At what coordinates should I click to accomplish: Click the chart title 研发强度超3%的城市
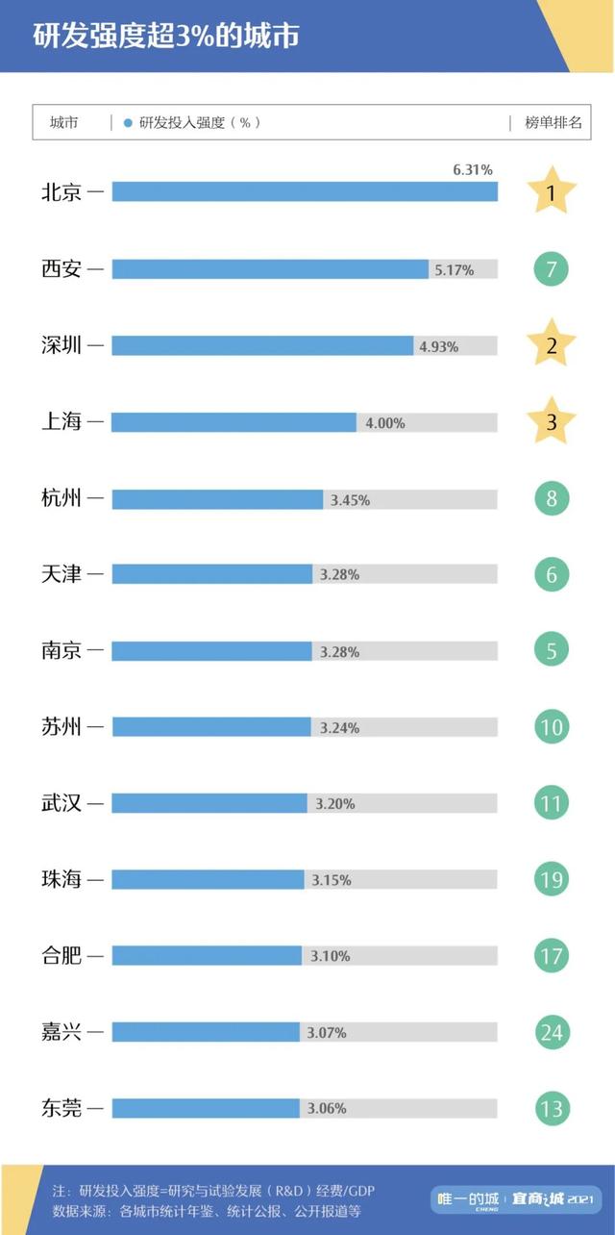[x=165, y=36]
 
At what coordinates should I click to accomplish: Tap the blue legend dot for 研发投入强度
[x=128, y=123]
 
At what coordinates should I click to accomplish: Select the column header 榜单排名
[x=553, y=123]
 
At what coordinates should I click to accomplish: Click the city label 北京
[x=61, y=192]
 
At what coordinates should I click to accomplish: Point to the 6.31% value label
[x=473, y=170]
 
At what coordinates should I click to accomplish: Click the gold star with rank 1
[x=552, y=193]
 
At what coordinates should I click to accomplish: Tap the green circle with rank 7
[x=552, y=269]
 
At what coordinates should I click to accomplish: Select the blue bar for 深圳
[x=262, y=345]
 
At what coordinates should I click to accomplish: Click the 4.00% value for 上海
[x=384, y=422]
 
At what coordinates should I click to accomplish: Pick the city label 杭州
[x=61, y=499]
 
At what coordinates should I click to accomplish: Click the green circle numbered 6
[x=552, y=574]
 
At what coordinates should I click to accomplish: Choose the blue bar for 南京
[x=212, y=651]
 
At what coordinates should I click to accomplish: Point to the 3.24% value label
[x=339, y=728]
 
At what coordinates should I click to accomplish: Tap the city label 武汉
[x=61, y=803]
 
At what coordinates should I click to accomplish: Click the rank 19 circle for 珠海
[x=552, y=879]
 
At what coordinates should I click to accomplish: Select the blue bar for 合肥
[x=207, y=955]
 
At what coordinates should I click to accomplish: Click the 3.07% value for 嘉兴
[x=327, y=1032]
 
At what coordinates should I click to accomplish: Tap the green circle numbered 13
[x=552, y=1108]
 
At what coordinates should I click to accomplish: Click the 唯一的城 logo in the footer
[x=468, y=1198]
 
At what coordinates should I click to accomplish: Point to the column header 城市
[x=64, y=123]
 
